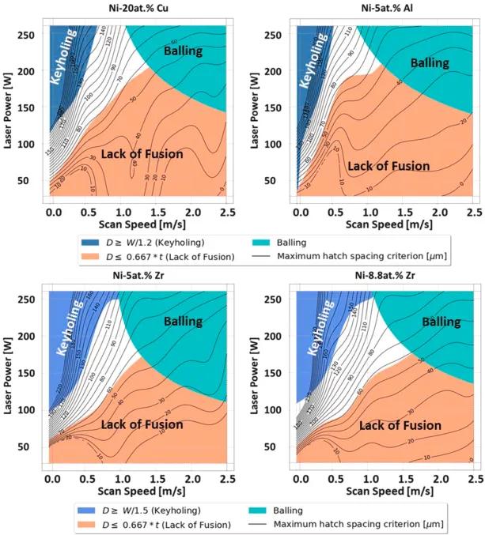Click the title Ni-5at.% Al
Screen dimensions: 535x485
pos(381,9)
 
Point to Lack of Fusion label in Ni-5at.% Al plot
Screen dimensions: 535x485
pos(388,166)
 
